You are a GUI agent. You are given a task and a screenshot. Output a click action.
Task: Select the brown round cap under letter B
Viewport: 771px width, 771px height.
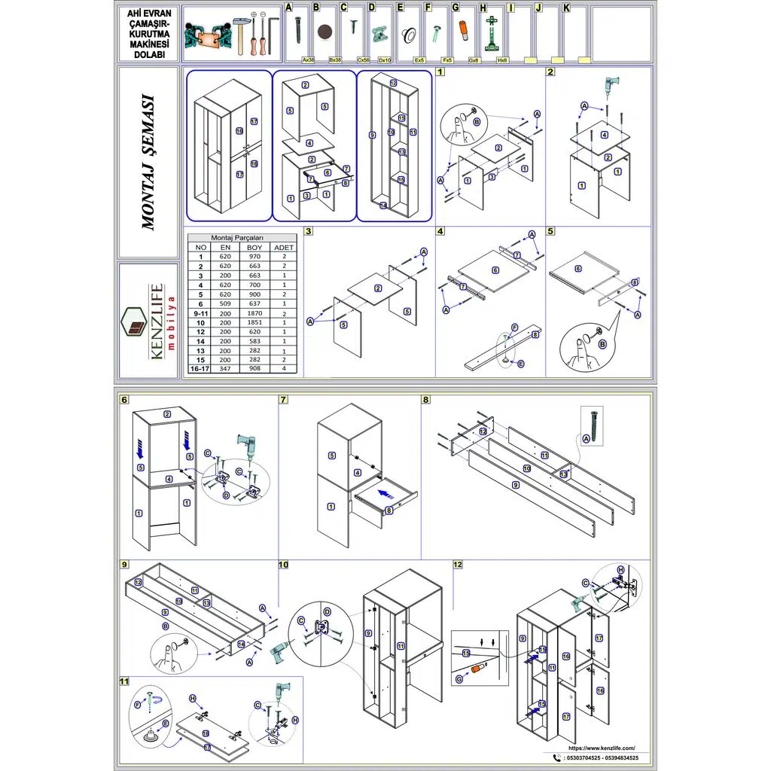tap(325, 32)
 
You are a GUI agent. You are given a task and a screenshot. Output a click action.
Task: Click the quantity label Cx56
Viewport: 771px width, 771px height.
tap(364, 59)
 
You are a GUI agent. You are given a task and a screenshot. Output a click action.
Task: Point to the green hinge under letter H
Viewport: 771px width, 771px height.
tap(493, 34)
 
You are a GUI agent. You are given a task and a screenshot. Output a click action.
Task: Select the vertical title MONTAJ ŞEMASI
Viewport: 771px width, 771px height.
tap(149, 162)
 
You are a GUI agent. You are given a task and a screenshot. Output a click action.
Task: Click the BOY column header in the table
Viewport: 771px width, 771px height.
tap(254, 247)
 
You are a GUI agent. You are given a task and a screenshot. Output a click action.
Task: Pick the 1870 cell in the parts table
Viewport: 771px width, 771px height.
tap(254, 312)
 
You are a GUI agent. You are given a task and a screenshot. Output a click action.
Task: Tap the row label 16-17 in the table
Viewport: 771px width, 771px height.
tap(200, 370)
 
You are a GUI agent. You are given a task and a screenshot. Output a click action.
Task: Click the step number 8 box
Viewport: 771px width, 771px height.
tap(426, 400)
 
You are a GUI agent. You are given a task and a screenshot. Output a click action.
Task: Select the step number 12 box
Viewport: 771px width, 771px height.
tap(458, 564)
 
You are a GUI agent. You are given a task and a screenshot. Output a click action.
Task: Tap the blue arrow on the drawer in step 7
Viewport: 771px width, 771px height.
tap(385, 495)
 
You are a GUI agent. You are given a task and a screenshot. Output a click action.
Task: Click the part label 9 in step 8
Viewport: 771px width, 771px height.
tap(516, 485)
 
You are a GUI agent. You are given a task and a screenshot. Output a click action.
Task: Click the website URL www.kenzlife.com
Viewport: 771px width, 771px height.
tap(596, 748)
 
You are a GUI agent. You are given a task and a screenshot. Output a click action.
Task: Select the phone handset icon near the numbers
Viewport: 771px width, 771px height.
tap(556, 758)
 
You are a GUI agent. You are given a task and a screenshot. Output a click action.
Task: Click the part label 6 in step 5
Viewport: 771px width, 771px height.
tap(578, 269)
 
